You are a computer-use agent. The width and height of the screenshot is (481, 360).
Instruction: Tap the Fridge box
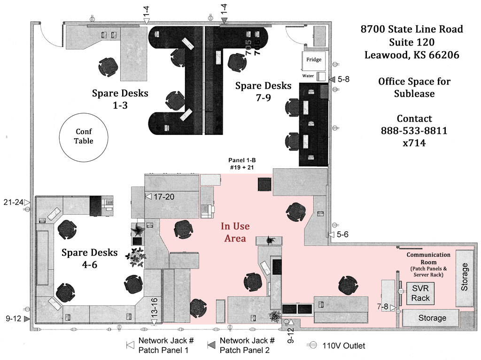click(x=314, y=60)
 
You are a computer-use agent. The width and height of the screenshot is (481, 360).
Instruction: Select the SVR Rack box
click(x=420, y=293)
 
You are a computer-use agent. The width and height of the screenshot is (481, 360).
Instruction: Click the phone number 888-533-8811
click(x=414, y=131)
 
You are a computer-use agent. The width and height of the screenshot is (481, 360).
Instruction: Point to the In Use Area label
click(x=235, y=232)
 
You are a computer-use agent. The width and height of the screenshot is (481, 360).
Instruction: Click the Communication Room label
click(x=428, y=258)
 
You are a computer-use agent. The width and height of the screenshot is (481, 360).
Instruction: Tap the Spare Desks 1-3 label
click(x=120, y=98)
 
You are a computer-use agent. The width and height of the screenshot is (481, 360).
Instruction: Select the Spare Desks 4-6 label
click(x=90, y=258)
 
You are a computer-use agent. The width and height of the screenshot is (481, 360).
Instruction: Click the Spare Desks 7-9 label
click(x=263, y=91)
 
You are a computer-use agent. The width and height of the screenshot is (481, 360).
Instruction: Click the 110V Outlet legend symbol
click(x=313, y=345)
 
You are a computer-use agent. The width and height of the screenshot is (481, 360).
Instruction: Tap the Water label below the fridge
click(x=308, y=76)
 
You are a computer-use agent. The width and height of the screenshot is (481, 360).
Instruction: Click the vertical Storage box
click(x=465, y=277)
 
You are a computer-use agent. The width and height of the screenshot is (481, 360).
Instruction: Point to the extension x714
click(x=414, y=143)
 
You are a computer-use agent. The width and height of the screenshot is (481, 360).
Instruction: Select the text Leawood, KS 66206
click(x=411, y=55)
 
